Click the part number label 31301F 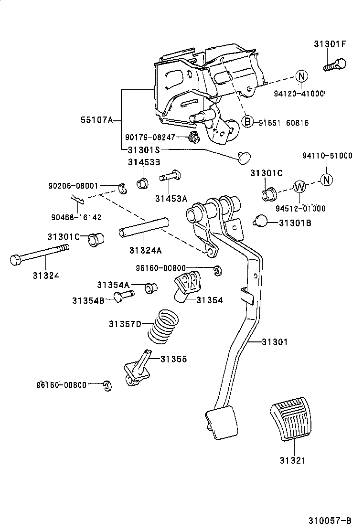coord(330,44)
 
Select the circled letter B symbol coord(247,122)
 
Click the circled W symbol coord(299,187)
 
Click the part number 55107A coord(96,120)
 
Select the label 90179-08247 coord(149,137)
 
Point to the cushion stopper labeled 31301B coord(260,221)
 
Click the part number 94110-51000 coord(327,156)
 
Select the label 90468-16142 coord(76,217)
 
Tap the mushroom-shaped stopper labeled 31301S coord(245,156)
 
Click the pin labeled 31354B coord(123,296)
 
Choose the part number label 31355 coord(173,359)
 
